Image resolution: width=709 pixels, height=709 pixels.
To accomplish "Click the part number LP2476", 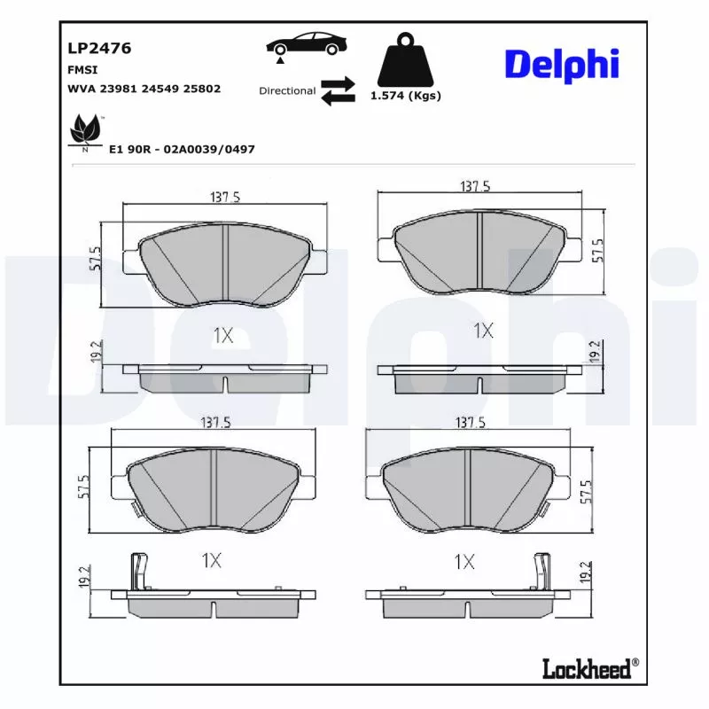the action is pyautogui.click(x=99, y=48).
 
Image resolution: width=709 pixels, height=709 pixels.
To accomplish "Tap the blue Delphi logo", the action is pyautogui.click(x=562, y=65).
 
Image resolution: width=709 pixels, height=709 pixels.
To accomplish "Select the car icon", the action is pyautogui.click(x=306, y=45).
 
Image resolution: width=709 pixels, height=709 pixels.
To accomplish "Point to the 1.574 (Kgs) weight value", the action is pyautogui.click(x=406, y=96).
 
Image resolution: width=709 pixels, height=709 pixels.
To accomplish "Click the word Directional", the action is pyautogui.click(x=287, y=91).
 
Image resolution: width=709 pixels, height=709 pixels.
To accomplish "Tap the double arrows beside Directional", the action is pyautogui.click(x=338, y=91).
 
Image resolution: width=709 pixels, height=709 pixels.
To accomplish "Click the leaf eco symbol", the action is pyautogui.click(x=85, y=131).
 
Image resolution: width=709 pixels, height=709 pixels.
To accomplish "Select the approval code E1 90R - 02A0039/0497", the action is pyautogui.click(x=182, y=149).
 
